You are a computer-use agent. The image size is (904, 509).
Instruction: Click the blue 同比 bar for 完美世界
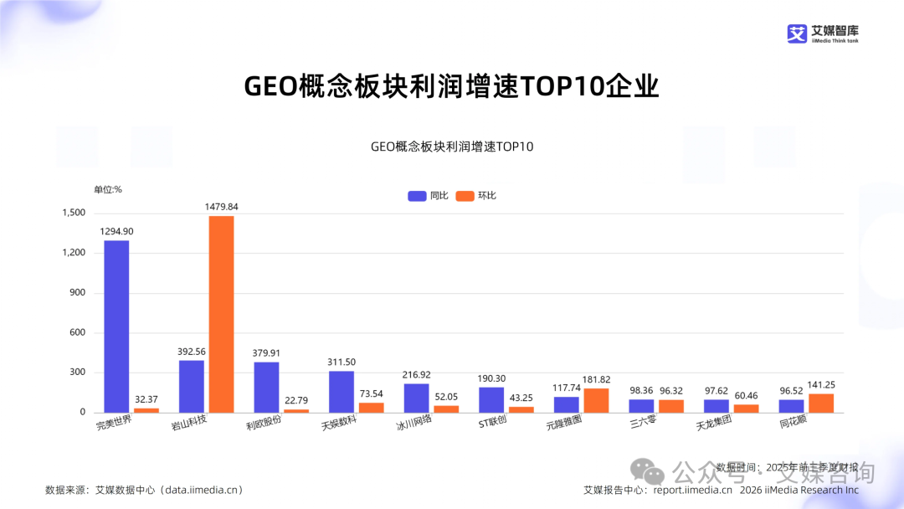(116, 326)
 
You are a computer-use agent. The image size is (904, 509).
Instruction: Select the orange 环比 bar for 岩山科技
(221, 314)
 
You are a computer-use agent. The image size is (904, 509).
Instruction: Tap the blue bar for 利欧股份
(266, 387)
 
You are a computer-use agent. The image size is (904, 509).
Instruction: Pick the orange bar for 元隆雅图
(596, 400)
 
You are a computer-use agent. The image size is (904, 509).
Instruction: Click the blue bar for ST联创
(491, 399)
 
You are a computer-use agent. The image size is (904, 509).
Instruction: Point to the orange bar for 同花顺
(820, 403)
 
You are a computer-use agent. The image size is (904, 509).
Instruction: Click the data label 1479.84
(221, 206)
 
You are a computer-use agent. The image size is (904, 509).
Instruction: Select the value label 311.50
(342, 361)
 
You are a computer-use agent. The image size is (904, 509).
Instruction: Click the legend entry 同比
(428, 196)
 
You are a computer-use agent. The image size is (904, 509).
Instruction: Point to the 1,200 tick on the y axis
(74, 253)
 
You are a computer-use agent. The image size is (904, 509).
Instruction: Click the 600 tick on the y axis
(76, 332)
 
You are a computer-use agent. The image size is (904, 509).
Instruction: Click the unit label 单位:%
(108, 189)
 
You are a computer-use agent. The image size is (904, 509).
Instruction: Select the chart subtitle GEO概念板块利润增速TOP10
(452, 147)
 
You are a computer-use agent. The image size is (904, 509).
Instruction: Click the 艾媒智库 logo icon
(796, 33)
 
